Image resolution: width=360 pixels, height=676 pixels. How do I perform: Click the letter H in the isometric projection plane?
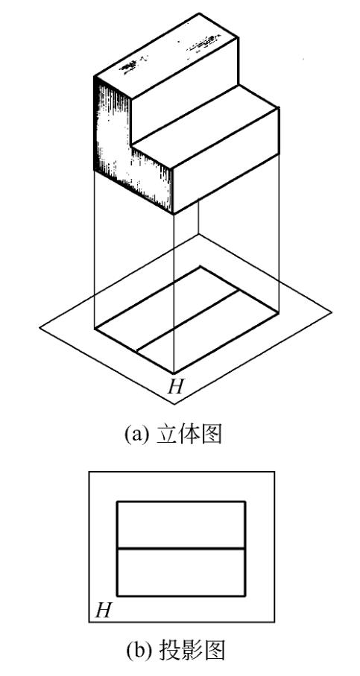(176, 386)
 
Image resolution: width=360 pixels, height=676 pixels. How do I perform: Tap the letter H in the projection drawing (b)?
(104, 610)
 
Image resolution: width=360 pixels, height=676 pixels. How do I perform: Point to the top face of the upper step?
(165, 56)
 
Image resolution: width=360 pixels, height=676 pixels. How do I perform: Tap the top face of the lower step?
(205, 126)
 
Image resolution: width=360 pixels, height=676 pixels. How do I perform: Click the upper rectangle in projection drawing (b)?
(181, 525)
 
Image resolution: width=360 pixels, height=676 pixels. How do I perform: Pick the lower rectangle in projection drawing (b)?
(181, 572)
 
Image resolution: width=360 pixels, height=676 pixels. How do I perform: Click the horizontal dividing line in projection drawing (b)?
(181, 549)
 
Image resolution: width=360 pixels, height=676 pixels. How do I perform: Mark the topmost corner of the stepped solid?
(200, 13)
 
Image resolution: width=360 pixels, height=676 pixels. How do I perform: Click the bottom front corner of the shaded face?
(174, 214)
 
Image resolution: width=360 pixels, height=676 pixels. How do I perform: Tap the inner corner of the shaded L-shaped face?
(131, 145)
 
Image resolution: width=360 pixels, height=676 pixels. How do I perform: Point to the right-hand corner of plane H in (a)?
(332, 312)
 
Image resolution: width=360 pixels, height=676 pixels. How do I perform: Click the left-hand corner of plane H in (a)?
(40, 328)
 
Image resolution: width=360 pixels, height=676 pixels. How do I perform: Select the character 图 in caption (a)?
(212, 435)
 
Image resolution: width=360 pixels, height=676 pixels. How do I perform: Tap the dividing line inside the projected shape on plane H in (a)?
(188, 320)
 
